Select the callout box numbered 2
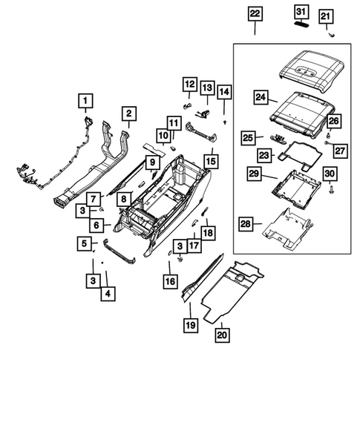tap(128, 114)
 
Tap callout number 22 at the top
tap(255, 13)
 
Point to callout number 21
tap(326, 16)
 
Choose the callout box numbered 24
tap(260, 96)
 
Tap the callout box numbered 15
tap(212, 160)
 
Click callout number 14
tap(223, 93)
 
